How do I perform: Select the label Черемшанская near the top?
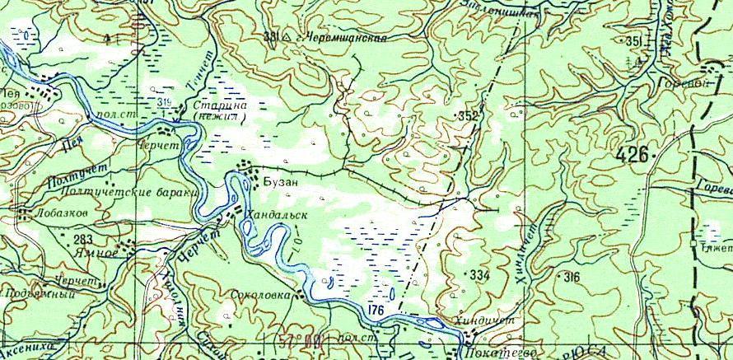(346, 38)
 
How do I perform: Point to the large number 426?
(632, 153)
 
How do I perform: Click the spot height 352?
(467, 116)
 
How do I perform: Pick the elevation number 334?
(477, 273)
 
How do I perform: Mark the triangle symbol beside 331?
(284, 38)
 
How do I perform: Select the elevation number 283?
(82, 239)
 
